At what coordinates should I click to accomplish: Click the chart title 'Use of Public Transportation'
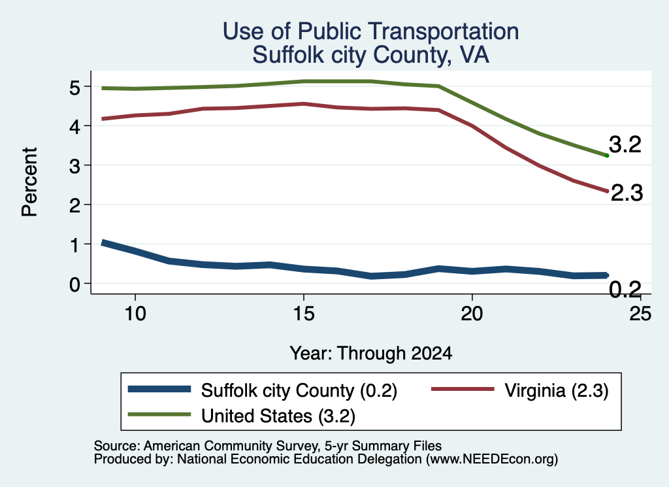click(371, 31)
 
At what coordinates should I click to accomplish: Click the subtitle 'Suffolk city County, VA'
click(370, 55)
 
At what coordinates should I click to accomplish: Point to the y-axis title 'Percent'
click(29, 182)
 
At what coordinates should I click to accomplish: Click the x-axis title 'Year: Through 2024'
click(371, 354)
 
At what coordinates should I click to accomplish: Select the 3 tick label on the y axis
click(74, 165)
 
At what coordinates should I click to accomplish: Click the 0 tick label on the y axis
click(74, 284)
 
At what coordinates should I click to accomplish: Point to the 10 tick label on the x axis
click(135, 314)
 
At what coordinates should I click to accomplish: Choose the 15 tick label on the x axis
click(304, 314)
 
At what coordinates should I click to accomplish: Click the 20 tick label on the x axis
click(472, 314)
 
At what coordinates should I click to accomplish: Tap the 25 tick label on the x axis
click(640, 314)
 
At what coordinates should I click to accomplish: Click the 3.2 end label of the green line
click(625, 144)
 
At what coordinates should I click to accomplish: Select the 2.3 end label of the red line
click(627, 193)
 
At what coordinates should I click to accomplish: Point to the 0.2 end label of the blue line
click(625, 290)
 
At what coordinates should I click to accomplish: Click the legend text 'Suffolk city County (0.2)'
click(299, 390)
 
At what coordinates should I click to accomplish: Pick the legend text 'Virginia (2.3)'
click(557, 390)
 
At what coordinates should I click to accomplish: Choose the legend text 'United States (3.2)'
click(278, 416)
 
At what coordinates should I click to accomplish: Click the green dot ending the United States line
click(607, 156)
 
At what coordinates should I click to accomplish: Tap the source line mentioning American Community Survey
click(267, 446)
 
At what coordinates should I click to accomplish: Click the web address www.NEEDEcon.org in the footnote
click(491, 460)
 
